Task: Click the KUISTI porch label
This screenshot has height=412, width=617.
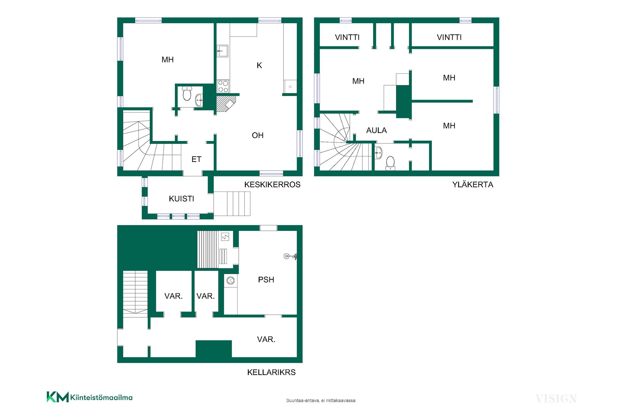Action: coord(181,199)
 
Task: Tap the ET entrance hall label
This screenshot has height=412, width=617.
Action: coord(196,159)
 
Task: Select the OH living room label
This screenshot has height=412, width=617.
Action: coord(258,136)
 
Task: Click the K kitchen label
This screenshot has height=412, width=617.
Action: coord(259,66)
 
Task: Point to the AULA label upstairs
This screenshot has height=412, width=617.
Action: coord(377,130)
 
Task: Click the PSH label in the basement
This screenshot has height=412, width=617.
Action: coord(266,280)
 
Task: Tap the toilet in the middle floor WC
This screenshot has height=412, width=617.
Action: coord(187,93)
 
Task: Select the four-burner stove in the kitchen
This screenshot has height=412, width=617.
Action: coord(223,86)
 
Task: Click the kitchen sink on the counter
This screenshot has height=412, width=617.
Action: coord(222,51)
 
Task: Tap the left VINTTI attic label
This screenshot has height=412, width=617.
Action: coord(347,37)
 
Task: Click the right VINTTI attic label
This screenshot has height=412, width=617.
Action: coord(449,37)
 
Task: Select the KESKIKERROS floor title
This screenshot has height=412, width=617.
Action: coord(272,184)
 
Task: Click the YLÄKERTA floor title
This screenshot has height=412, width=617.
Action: coord(473,184)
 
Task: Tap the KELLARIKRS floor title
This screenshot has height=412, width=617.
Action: coord(271,372)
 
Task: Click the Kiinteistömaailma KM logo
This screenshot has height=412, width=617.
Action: coord(90,397)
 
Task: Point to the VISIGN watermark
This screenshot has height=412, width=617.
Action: coord(556,399)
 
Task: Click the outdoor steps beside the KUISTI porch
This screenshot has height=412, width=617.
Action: coord(232,204)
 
